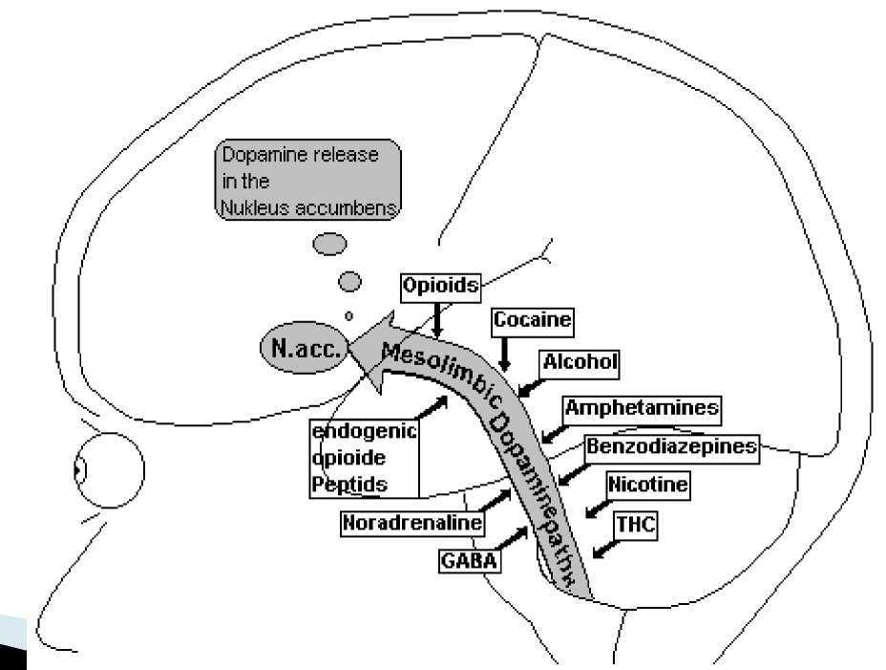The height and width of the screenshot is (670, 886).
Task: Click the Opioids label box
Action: click(439, 286)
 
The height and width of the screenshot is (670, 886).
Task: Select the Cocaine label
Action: click(533, 322)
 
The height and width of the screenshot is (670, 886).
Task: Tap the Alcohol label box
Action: click(580, 362)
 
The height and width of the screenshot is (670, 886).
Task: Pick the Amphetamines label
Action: click(642, 408)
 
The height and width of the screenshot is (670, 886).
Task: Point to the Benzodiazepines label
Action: click(671, 446)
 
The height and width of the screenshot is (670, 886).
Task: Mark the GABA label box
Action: click(469, 560)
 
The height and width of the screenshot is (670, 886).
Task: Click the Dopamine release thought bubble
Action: click(307, 182)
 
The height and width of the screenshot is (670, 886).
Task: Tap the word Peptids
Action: click(349, 484)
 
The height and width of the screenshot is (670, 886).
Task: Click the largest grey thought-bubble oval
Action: click(329, 245)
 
